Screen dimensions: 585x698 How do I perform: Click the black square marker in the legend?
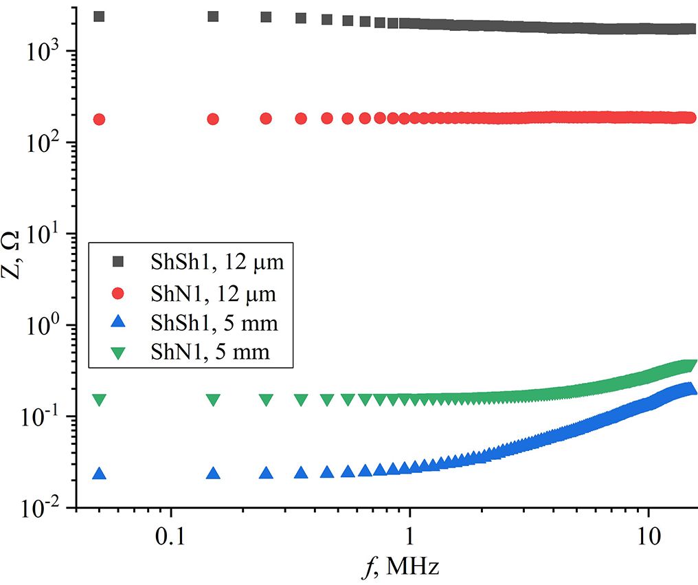coord(117,261)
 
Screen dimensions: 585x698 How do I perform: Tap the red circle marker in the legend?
coord(117,294)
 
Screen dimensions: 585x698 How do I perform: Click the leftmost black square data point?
coord(99,16)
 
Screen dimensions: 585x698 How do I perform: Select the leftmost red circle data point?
coord(99,119)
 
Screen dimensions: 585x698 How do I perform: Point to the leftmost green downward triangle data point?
coord(99,399)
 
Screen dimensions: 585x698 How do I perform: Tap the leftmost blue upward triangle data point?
coord(99,474)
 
